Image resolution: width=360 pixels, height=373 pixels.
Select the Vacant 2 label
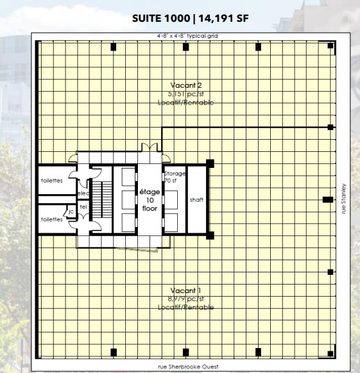tap(187, 85)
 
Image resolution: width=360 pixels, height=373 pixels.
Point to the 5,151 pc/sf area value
tap(187, 94)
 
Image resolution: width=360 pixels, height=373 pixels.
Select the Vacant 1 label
tap(187, 290)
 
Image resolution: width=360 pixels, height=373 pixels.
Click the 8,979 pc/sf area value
tap(187, 299)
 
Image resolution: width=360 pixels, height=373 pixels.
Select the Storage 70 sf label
tap(174, 178)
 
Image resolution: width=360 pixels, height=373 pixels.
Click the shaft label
tap(196, 199)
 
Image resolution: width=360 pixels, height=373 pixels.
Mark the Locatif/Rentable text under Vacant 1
tap(187, 308)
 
